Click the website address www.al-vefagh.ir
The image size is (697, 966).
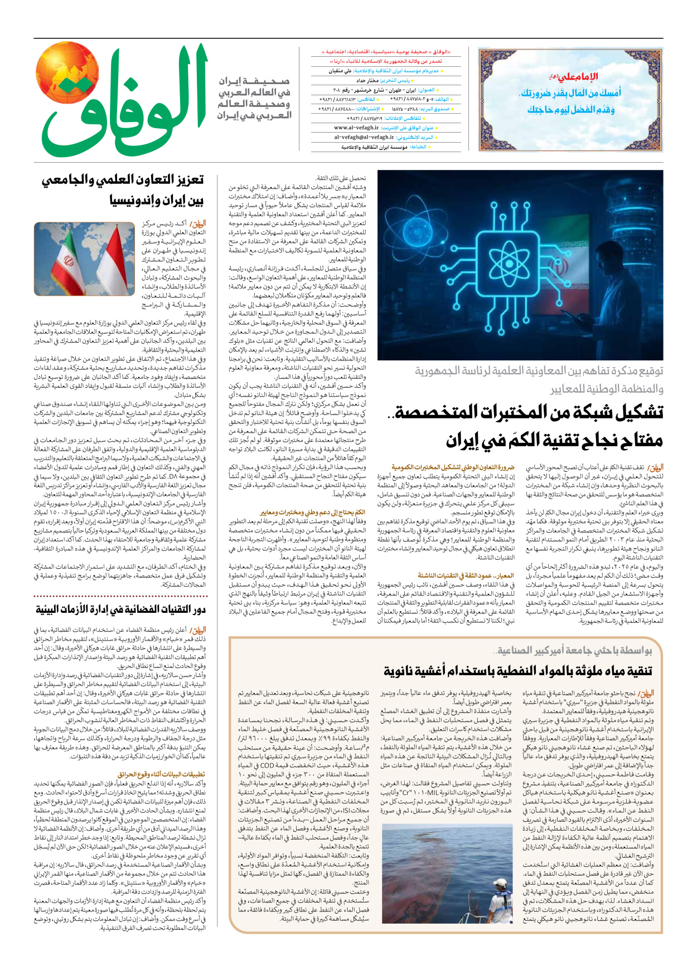356,128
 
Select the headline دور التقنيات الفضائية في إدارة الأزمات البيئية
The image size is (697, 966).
120,609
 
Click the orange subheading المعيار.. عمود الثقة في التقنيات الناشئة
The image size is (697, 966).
465,575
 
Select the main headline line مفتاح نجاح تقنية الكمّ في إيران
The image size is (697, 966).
555,440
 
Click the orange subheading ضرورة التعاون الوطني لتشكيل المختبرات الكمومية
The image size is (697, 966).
453,467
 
